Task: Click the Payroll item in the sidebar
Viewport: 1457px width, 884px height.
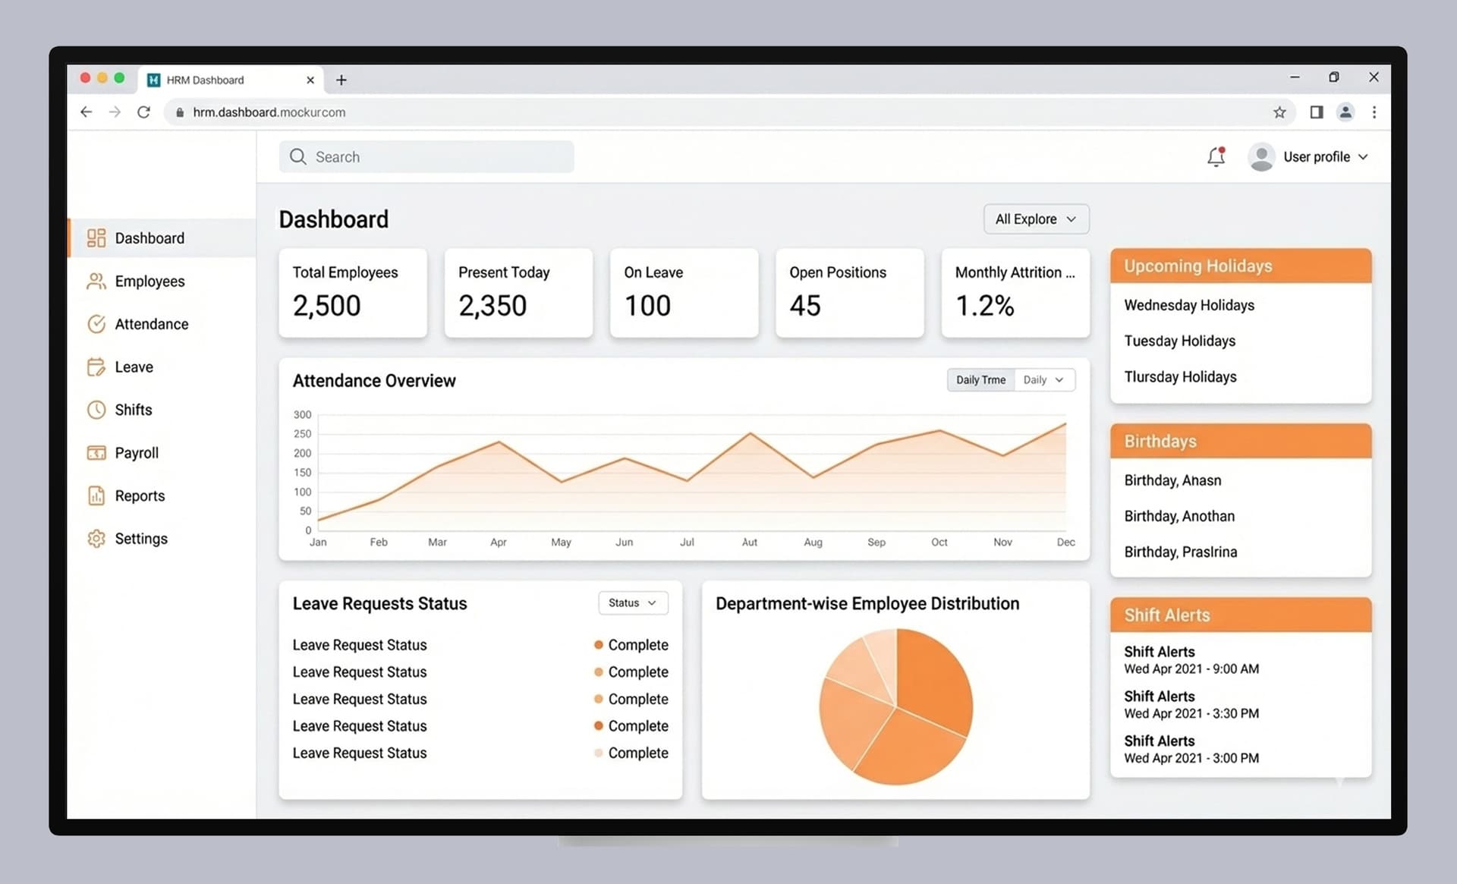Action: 136,453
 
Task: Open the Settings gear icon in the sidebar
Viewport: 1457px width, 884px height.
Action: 96,539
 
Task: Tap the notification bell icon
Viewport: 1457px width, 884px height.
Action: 1216,156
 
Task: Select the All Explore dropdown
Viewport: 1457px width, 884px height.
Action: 1036,219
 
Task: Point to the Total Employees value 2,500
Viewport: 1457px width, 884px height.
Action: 327,306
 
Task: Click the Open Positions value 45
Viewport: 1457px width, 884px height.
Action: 805,306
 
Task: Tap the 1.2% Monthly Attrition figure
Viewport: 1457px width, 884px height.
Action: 984,306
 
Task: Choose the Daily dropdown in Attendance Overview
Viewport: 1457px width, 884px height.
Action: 1044,380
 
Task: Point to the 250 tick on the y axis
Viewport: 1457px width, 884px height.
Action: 302,434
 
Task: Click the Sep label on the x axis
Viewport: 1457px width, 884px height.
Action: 876,543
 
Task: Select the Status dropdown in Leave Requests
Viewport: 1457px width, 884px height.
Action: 633,603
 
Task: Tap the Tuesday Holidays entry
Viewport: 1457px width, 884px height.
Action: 1179,341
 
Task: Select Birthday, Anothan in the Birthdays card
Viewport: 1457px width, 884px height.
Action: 1179,517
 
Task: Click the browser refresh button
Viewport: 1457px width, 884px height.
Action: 143,112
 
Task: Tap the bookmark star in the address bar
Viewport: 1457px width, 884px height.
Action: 1279,112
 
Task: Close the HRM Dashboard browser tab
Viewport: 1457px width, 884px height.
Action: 310,80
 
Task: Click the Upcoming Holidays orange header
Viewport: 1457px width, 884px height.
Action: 1240,266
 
